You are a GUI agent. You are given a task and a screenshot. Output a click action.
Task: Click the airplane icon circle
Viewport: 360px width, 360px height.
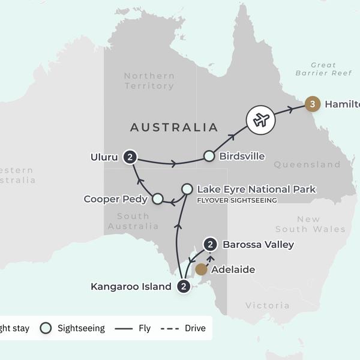tap(261, 119)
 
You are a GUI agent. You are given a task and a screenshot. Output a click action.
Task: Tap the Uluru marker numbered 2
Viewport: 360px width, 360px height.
tap(130, 157)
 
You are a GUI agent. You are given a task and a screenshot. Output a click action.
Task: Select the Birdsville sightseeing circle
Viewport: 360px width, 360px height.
tap(208, 156)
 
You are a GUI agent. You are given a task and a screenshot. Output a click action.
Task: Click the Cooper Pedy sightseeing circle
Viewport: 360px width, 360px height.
tap(157, 198)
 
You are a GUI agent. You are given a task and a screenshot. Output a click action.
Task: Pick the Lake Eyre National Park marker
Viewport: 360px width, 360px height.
tap(187, 189)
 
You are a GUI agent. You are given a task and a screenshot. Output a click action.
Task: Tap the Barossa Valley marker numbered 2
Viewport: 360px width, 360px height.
tap(210, 244)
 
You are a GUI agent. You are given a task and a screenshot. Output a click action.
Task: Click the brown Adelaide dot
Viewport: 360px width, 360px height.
tap(201, 269)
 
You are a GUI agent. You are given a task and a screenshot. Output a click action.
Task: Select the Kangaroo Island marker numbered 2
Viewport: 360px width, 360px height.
tap(184, 286)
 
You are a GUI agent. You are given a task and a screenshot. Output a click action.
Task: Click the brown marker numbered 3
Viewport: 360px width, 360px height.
tap(311, 104)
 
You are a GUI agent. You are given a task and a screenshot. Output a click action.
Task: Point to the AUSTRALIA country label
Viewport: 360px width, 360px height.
tap(174, 127)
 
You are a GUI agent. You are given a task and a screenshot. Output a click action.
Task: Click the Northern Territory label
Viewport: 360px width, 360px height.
tap(149, 81)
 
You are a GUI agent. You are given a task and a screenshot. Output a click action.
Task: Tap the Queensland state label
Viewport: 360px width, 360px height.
tap(307, 164)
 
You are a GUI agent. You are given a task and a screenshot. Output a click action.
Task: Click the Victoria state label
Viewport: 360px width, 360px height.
tap(267, 305)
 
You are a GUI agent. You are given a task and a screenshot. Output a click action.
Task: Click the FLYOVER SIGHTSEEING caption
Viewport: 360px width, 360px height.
tap(236, 200)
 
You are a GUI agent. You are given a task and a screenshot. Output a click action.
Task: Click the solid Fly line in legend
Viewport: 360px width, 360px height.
tap(124, 328)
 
